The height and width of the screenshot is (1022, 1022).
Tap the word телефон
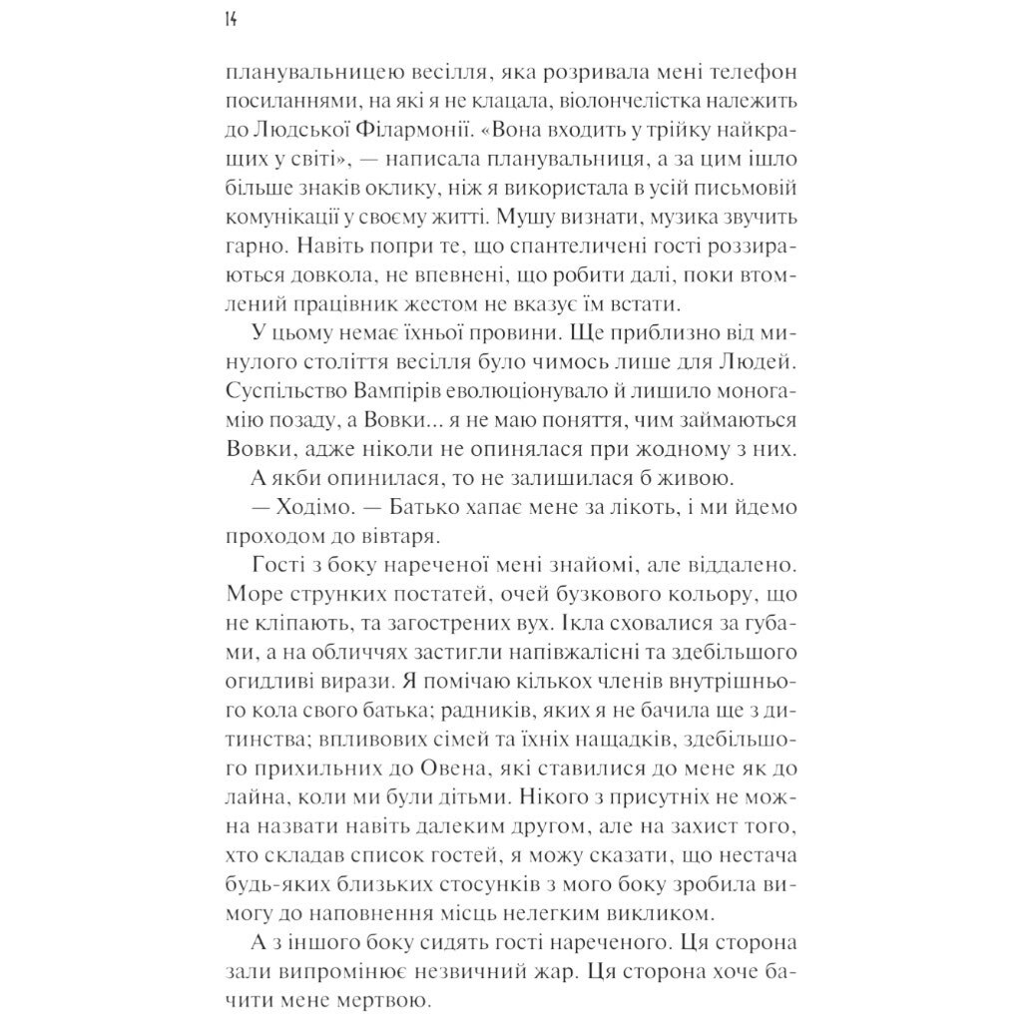749,74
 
